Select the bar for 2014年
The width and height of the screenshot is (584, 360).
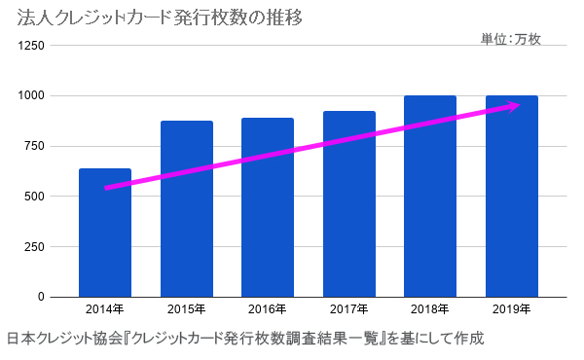tap(105, 234)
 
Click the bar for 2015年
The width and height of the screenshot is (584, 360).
tap(187, 209)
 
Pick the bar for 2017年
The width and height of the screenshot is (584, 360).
tap(349, 204)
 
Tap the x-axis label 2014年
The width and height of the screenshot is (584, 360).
tap(105, 310)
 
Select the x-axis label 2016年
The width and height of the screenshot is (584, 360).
tap(268, 310)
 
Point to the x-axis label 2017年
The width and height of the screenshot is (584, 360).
tap(349, 310)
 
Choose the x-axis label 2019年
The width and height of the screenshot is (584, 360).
tap(512, 310)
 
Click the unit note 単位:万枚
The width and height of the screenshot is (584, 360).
tap(510, 40)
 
